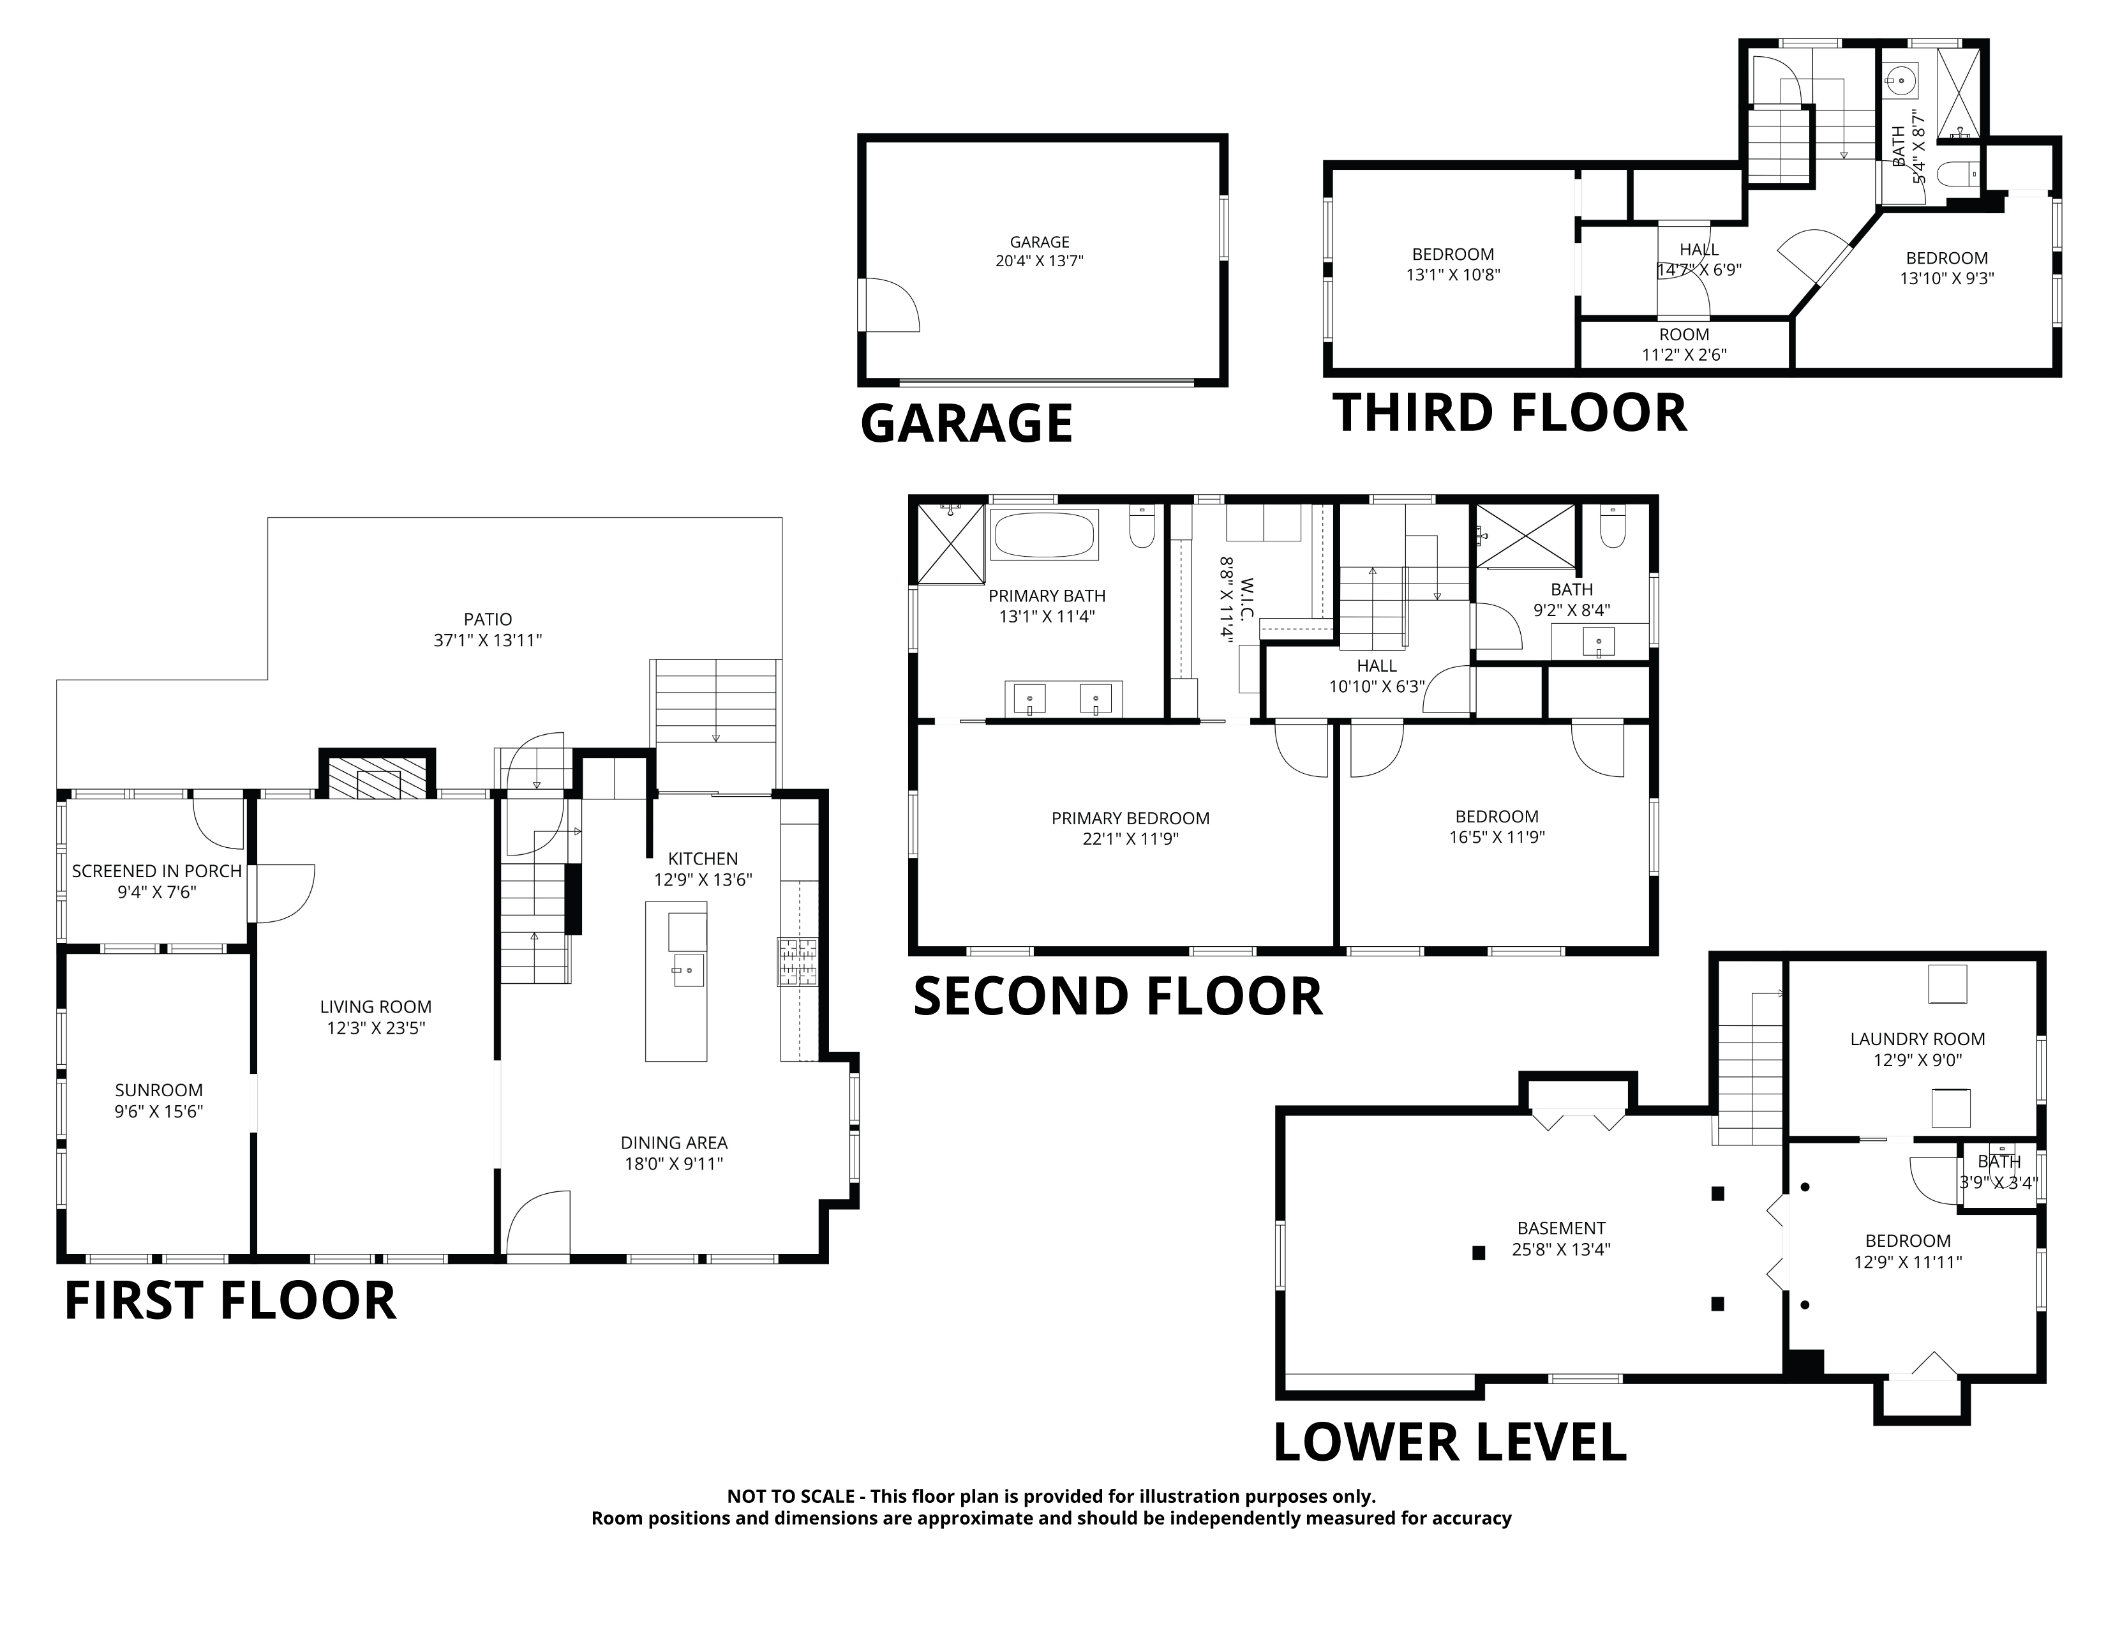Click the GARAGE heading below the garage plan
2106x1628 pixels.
pyautogui.click(x=966, y=423)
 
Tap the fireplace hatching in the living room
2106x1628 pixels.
pyautogui.click(x=377, y=778)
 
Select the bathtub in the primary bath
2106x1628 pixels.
pyautogui.click(x=1044, y=534)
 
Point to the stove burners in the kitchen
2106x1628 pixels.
pyautogui.click(x=798, y=961)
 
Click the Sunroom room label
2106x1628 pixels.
pyautogui.click(x=159, y=1090)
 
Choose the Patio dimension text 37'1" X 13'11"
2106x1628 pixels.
pyautogui.click(x=488, y=640)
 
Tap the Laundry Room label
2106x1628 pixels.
pyautogui.click(x=1917, y=1039)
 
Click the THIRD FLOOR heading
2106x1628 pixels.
pyautogui.click(x=1510, y=413)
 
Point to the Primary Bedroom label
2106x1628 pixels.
pyautogui.click(x=1130, y=818)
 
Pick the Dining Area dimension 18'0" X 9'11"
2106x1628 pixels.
pyautogui.click(x=674, y=1163)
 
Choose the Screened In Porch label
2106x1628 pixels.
pyautogui.click(x=157, y=871)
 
